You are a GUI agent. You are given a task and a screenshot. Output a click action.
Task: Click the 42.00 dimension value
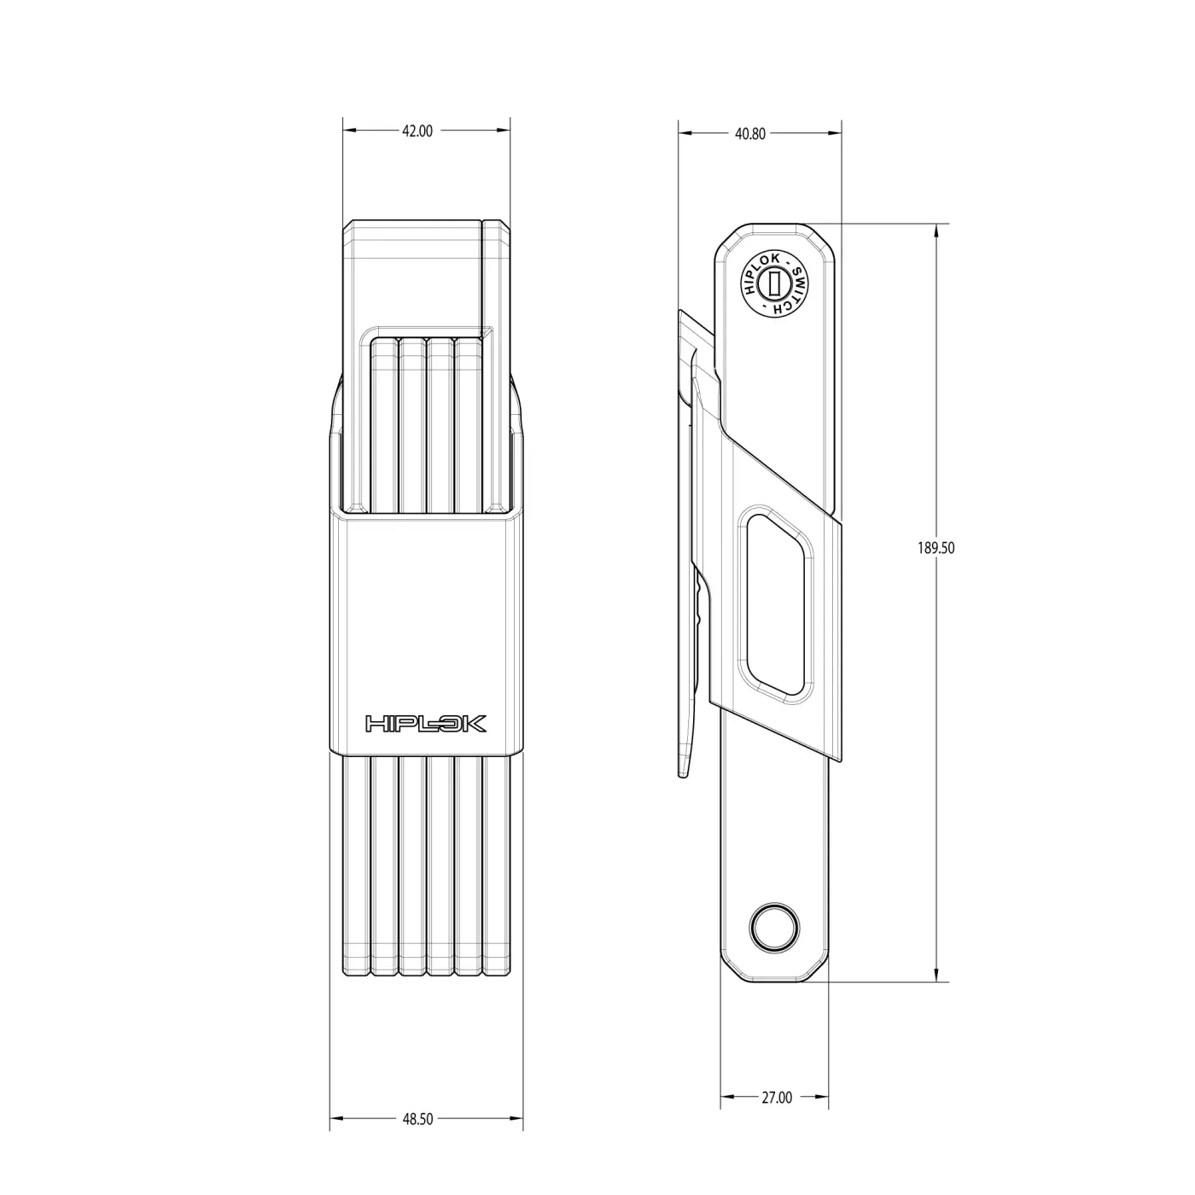pyautogui.click(x=417, y=131)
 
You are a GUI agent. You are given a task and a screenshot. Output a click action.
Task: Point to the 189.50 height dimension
pyautogui.click(x=936, y=548)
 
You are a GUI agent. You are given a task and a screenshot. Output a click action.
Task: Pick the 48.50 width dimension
pyautogui.click(x=417, y=1119)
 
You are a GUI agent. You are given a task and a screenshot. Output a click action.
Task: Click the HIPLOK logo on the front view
pyautogui.click(x=426, y=724)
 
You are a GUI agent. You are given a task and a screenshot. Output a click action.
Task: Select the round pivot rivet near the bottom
pyautogui.click(x=774, y=925)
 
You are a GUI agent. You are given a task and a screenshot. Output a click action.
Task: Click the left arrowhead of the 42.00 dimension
pyautogui.click(x=347, y=131)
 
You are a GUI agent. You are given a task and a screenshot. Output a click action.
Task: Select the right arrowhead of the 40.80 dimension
pyautogui.click(x=836, y=133)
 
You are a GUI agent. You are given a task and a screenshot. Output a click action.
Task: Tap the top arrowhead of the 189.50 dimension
pyautogui.click(x=937, y=230)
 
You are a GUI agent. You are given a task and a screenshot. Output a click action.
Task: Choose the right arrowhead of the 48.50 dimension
pyautogui.click(x=519, y=1119)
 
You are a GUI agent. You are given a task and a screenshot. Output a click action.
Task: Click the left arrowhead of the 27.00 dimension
pyautogui.click(x=726, y=1098)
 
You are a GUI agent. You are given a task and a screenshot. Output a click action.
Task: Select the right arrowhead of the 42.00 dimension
pyautogui.click(x=505, y=131)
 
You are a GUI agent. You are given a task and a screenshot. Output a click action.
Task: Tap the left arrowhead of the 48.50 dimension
pyautogui.click(x=335, y=1119)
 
